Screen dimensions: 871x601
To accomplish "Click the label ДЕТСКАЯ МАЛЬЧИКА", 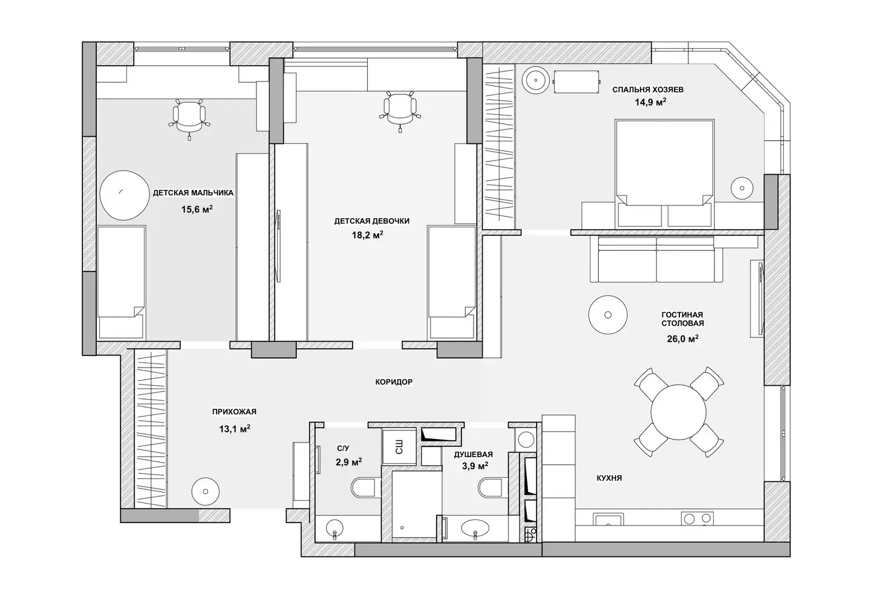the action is [193, 193].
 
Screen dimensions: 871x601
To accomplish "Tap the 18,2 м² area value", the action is [368, 235].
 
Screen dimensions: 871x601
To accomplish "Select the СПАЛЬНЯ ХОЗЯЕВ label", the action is [648, 90].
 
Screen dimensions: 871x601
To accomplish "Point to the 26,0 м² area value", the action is [682, 339].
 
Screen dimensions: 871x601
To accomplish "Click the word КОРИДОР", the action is [394, 382].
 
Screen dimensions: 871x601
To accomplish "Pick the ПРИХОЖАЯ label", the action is [234, 412].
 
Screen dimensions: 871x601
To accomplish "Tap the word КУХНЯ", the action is [609, 478].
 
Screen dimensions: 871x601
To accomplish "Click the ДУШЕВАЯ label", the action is [473, 455].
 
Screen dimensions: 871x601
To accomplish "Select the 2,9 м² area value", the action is [348, 462].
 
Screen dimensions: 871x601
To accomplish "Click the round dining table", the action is [679, 412].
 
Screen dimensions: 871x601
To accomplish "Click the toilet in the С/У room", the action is [365, 487].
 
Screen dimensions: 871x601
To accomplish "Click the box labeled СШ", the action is [399, 447].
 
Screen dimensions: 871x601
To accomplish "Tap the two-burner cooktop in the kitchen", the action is [697, 518].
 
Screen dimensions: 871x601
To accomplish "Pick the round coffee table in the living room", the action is [608, 314].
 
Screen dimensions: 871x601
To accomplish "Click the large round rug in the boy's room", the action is [125, 195].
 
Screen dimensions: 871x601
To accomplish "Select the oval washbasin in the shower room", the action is [475, 528].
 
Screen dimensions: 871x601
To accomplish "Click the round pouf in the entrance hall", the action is [205, 492].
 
